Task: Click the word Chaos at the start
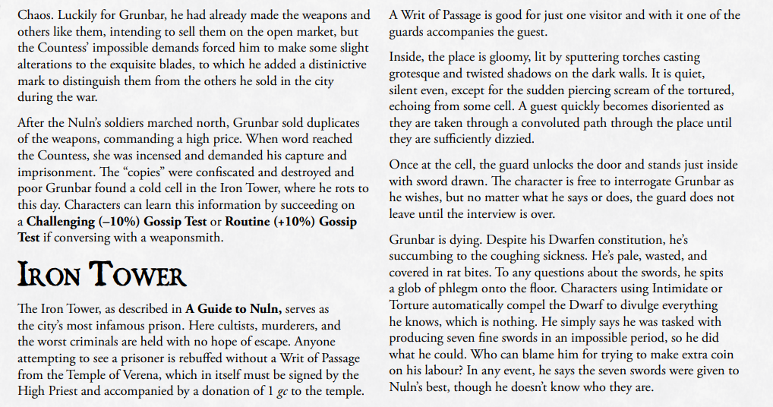click(x=33, y=15)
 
